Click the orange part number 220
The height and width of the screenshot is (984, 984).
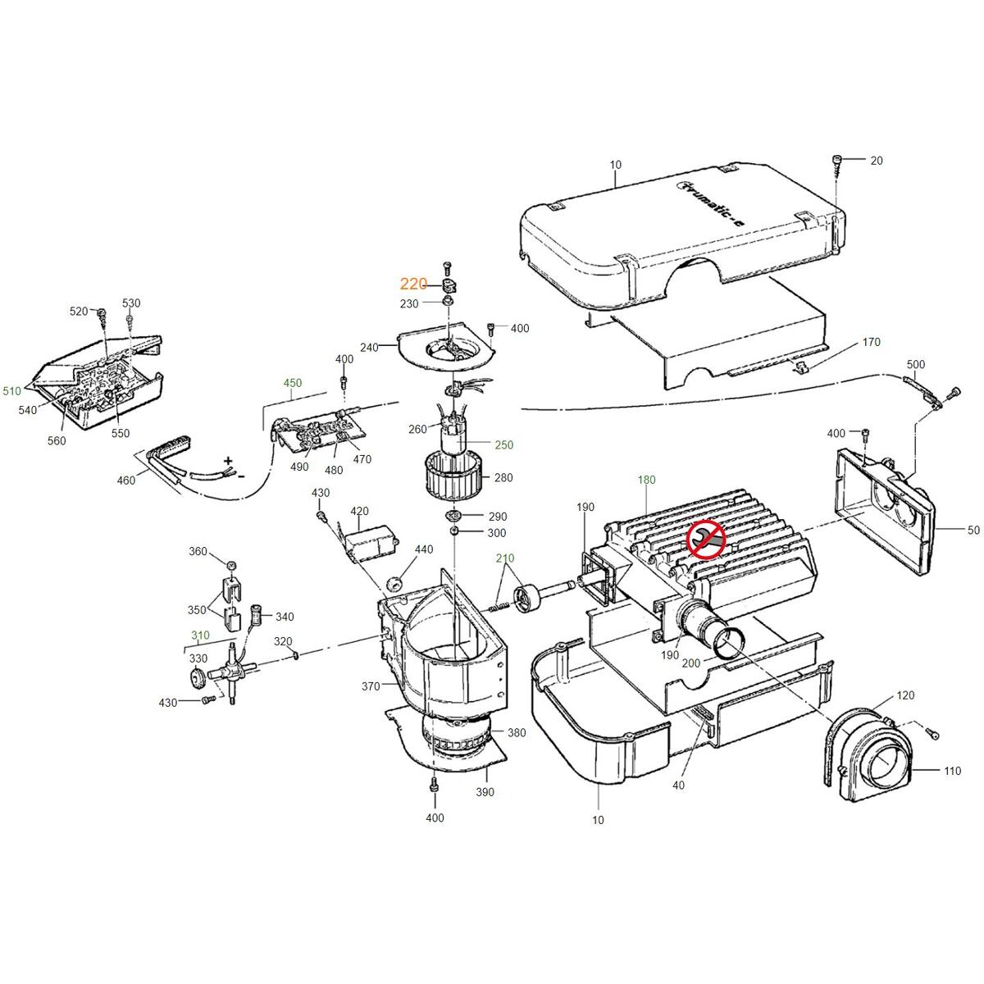click(413, 285)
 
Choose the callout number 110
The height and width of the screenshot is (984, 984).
click(929, 771)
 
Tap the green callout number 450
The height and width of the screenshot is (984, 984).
click(293, 383)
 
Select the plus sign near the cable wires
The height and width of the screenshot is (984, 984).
click(228, 461)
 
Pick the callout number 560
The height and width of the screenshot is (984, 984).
click(57, 441)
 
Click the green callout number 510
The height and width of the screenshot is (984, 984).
click(12, 391)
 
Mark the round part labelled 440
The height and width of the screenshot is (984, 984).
click(395, 583)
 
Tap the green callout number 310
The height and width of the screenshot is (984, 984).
click(200, 635)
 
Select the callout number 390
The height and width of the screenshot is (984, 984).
click(485, 792)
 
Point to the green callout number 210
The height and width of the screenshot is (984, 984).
click(505, 558)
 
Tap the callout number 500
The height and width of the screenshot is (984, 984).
click(916, 364)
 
